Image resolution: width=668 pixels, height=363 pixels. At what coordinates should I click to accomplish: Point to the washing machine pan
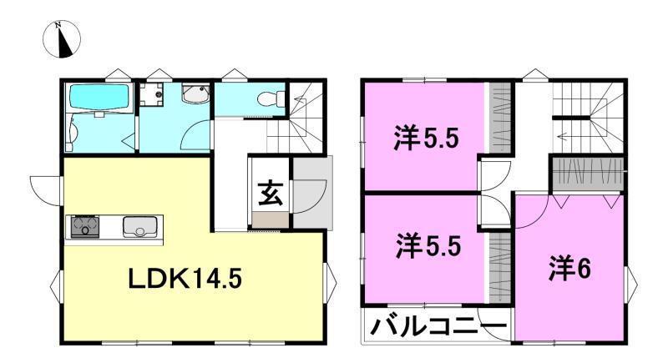click(x=153, y=93)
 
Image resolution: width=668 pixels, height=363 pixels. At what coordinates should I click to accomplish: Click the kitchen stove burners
click(x=85, y=225)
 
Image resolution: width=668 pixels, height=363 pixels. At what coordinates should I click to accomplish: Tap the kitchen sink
click(x=136, y=225)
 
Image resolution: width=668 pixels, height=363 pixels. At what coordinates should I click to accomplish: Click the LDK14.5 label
click(x=185, y=280)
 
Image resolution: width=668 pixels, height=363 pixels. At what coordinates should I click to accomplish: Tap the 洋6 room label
click(x=570, y=269)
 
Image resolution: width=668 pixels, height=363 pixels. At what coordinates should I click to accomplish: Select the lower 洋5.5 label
click(x=428, y=247)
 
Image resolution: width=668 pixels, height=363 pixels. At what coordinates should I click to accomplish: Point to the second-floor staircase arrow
click(x=576, y=134)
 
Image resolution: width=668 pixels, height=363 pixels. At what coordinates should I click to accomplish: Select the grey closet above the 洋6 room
click(x=587, y=174)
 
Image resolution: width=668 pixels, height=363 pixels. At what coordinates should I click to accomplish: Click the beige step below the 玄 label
click(x=270, y=219)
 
